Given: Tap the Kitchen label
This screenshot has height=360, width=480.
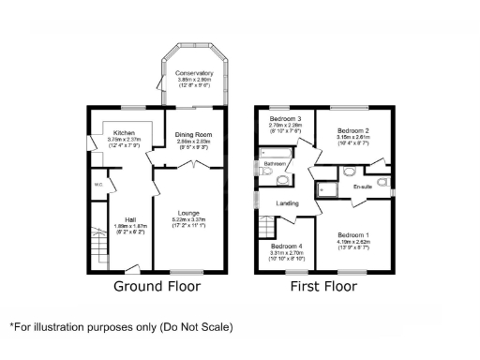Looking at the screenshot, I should point(125,133).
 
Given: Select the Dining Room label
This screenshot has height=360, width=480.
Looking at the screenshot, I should point(195,136).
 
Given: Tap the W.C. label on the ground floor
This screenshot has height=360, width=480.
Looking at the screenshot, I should point(97,184).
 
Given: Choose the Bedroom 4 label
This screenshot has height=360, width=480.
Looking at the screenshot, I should point(285,246).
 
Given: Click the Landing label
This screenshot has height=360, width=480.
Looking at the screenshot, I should point(287,203).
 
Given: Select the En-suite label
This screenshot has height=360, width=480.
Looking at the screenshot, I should point(363,187).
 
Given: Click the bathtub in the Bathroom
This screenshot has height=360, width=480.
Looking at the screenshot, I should point(277,155).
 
